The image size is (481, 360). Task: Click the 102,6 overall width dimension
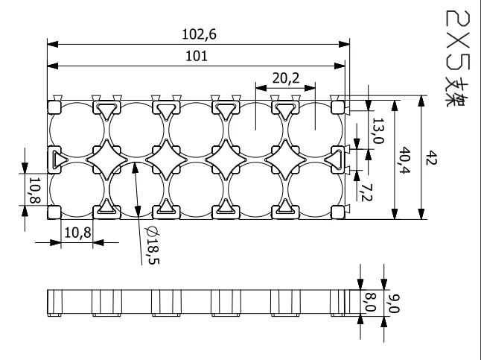[197, 34]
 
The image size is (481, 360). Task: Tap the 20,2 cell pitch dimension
[285, 77]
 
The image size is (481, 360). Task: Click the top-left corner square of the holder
[54, 107]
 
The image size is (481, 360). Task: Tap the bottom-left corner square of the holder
[54, 212]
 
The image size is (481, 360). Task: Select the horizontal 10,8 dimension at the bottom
[77, 231]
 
